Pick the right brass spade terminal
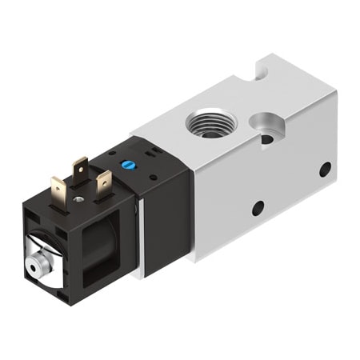tap(103, 184)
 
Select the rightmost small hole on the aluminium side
tap(325, 169)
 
